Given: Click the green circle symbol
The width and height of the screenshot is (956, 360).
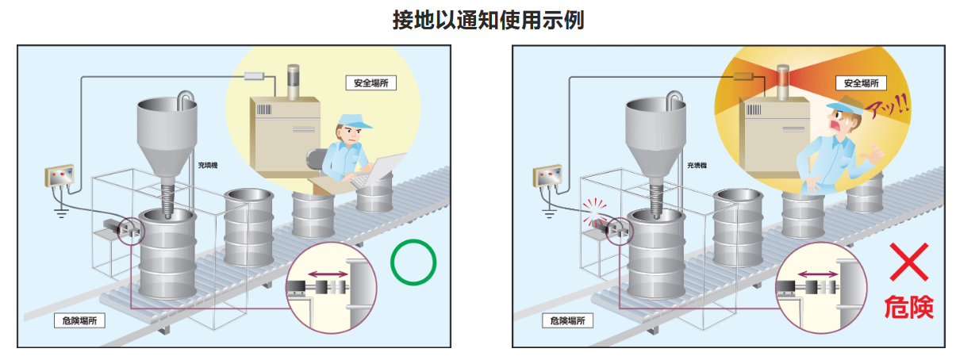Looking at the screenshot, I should click(x=413, y=262).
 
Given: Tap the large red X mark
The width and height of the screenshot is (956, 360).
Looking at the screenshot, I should click(x=908, y=262).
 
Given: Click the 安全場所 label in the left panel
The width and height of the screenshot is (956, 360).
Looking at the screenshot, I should click(x=370, y=82).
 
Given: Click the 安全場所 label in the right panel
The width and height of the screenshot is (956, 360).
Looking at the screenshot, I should click(x=861, y=83).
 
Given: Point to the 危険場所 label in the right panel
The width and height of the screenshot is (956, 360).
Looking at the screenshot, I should click(x=567, y=320).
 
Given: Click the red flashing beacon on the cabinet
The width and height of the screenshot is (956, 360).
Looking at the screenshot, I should click(x=782, y=77).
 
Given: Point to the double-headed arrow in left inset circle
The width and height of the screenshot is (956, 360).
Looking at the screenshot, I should click(x=328, y=274).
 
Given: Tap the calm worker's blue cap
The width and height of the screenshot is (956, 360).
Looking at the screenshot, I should click(x=351, y=122).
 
